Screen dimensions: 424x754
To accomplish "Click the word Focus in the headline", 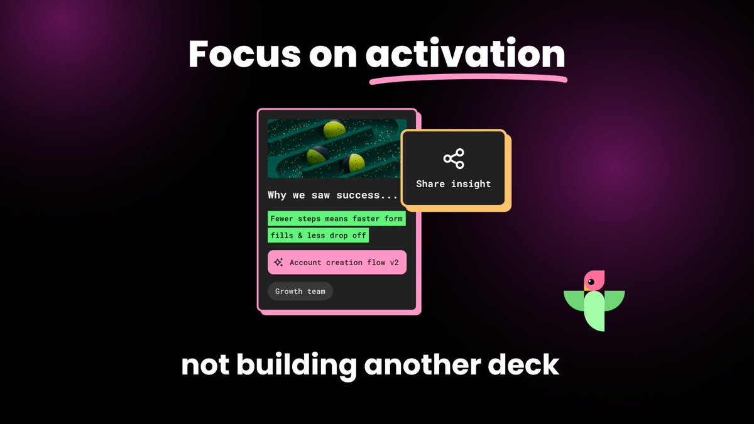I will [243, 55].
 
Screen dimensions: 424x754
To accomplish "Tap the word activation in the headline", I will [465, 55].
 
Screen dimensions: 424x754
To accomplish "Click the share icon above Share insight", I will [454, 159].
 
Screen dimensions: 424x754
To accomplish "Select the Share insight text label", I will [454, 184].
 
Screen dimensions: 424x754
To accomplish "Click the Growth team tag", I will [300, 291].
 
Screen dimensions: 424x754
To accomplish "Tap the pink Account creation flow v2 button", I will [337, 263].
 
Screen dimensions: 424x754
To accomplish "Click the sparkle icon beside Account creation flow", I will [278, 263].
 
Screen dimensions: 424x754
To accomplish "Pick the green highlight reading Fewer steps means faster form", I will [336, 219].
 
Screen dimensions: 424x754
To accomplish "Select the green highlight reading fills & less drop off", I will [318, 236].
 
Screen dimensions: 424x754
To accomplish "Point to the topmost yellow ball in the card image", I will [334, 129].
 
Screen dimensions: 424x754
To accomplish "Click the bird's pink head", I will [594, 280].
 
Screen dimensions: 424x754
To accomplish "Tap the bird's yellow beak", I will [586, 288].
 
